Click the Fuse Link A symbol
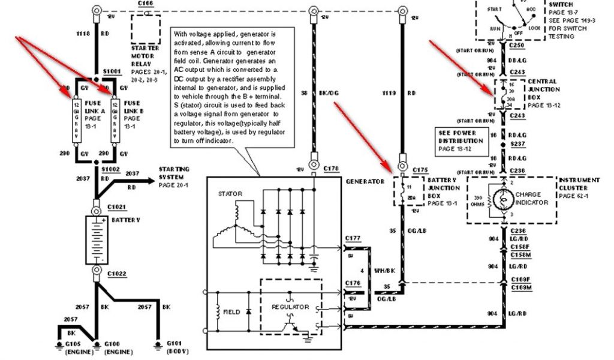[x=77, y=117]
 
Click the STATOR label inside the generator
[x=230, y=194]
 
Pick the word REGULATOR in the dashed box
[x=290, y=307]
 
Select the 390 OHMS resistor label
[x=478, y=200]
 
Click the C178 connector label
[x=331, y=170]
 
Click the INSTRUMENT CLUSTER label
[x=579, y=184]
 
